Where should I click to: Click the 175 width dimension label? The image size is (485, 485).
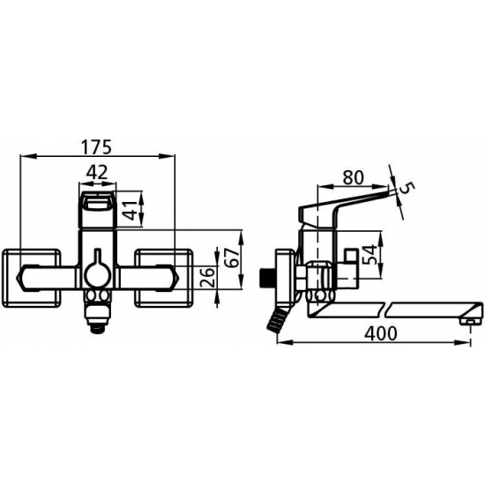coord(96,147)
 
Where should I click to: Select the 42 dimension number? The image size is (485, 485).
coord(97,172)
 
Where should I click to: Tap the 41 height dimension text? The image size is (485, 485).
coord(131,211)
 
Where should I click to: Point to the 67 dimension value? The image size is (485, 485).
coord(234,257)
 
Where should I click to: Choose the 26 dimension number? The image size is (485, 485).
coord(207,278)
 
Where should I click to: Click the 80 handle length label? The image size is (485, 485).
coord(353,177)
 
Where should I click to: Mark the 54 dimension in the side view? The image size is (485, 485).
coord(371,255)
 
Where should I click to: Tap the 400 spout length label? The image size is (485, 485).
coord(380,333)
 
